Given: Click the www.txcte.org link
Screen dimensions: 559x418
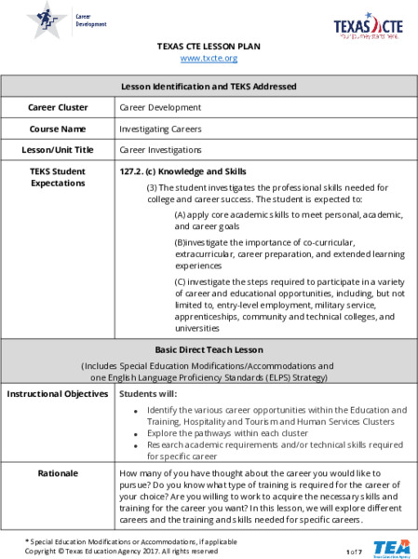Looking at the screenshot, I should [x=209, y=58].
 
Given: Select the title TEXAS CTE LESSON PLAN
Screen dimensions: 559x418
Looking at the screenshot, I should [x=209, y=45].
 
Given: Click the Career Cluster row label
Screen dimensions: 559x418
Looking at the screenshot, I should [x=61, y=108].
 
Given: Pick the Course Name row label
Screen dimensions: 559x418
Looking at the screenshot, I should [x=61, y=129].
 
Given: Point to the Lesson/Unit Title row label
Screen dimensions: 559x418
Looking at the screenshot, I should [x=61, y=149].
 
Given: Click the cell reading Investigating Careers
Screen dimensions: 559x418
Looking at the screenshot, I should [x=160, y=129].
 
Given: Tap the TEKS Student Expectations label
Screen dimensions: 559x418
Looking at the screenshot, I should [x=59, y=177].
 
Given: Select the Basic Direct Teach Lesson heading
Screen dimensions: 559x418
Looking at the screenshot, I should [x=209, y=349].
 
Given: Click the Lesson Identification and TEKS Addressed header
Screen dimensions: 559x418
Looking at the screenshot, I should [x=209, y=87].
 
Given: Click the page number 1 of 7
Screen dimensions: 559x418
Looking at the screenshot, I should [x=354, y=552].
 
